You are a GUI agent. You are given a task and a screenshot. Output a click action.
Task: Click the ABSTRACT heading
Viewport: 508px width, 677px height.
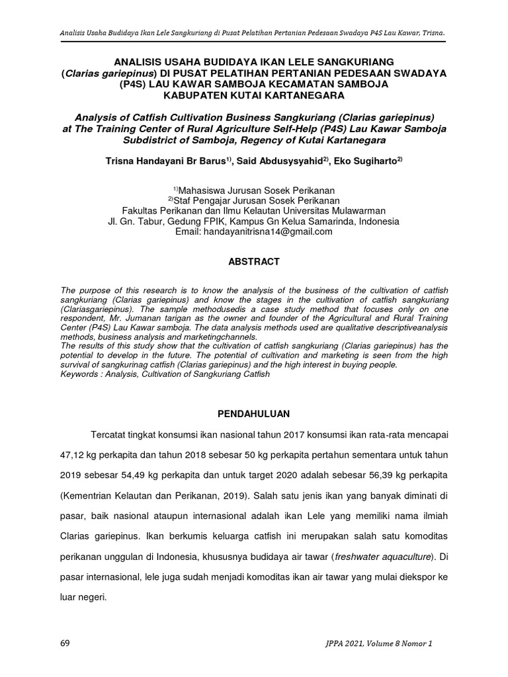click(x=254, y=262)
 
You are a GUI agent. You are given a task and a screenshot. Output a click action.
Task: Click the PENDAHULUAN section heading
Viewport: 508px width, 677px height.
click(x=254, y=414)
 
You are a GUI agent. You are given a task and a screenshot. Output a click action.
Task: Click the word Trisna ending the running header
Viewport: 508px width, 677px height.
click(x=431, y=31)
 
